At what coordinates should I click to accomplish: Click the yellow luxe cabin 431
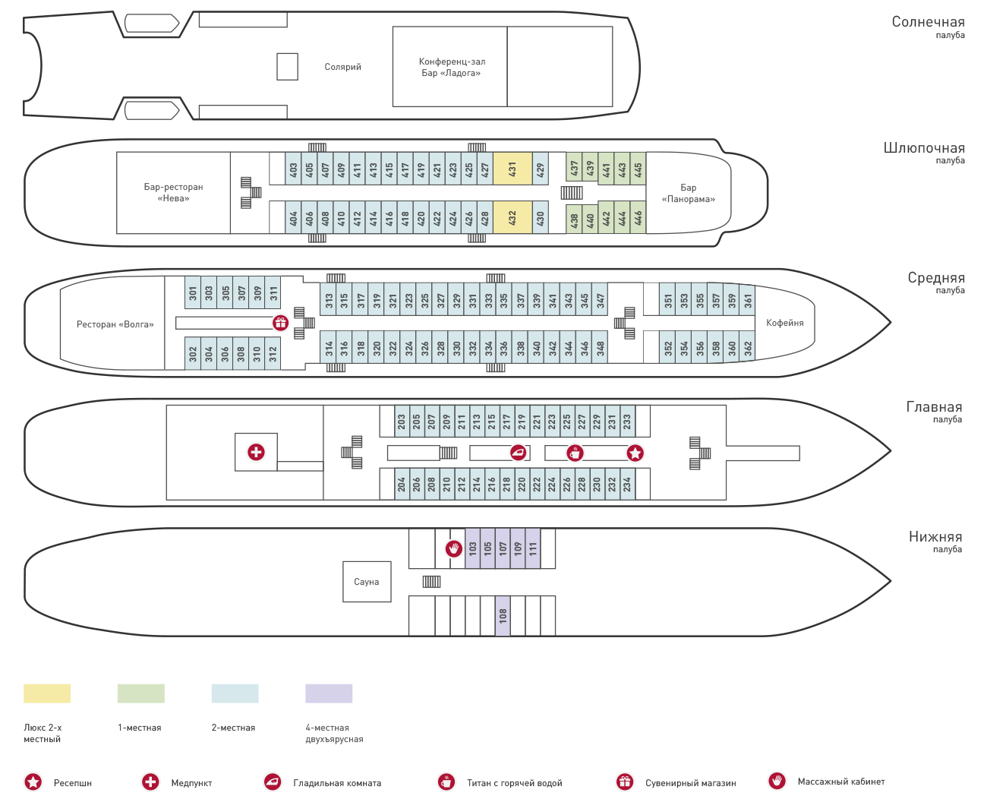click(512, 169)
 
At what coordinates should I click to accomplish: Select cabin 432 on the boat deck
click(512, 217)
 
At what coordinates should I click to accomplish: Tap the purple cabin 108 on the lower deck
click(503, 615)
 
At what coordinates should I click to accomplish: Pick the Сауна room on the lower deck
click(367, 582)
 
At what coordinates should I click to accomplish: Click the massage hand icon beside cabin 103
click(454, 548)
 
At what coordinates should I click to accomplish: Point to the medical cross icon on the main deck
click(256, 452)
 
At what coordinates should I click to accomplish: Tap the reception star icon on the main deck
click(635, 453)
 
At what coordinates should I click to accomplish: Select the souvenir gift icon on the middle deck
click(280, 323)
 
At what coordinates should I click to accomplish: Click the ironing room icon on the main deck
click(518, 453)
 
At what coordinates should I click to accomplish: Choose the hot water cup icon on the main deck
click(575, 453)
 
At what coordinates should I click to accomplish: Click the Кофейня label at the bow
click(784, 323)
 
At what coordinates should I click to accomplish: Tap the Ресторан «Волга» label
click(115, 324)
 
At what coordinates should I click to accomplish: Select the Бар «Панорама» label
click(688, 193)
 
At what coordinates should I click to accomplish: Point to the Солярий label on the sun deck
click(342, 67)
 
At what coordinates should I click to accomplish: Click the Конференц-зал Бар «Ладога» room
click(450, 67)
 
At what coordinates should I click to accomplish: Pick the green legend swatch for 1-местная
click(141, 693)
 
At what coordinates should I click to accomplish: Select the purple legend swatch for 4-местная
click(329, 693)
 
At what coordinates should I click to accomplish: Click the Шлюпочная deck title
click(924, 148)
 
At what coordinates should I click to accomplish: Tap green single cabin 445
click(638, 169)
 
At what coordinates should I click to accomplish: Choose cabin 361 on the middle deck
click(747, 300)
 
